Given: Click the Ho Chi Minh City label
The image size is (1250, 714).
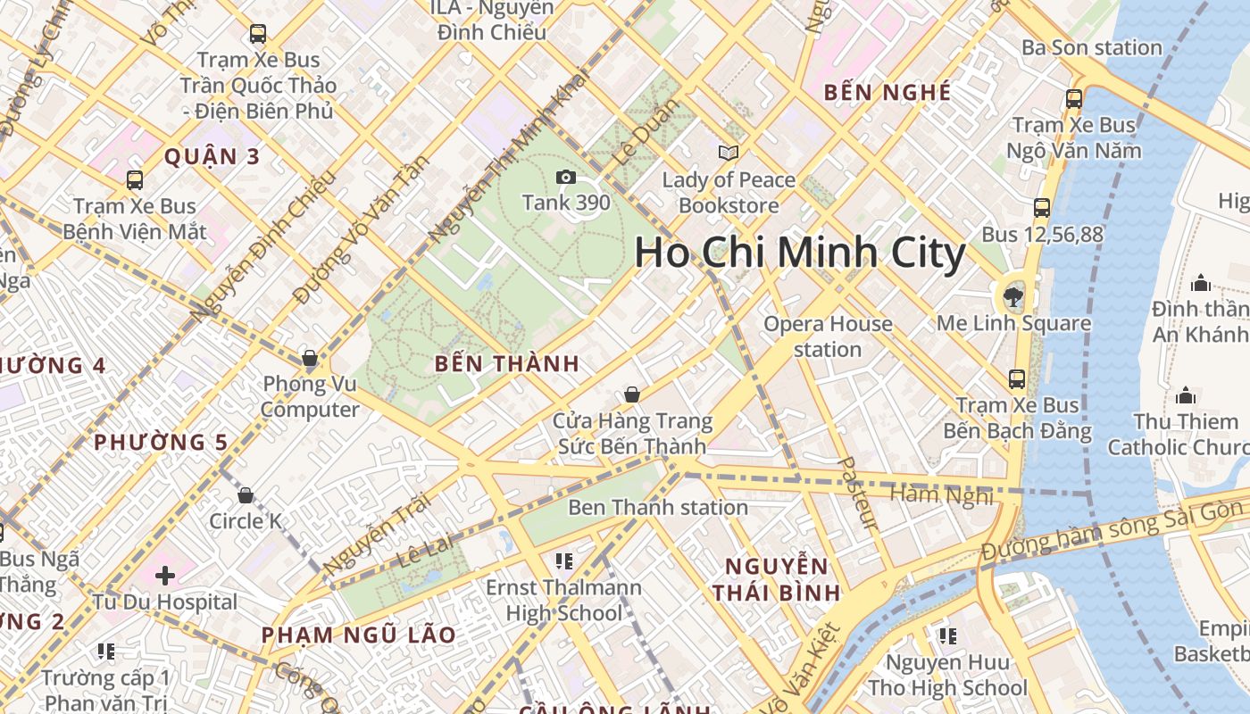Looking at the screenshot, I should click(x=799, y=253).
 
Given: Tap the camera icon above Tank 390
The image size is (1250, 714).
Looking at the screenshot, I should click(x=565, y=177).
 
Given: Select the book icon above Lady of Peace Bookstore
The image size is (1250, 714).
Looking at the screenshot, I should click(x=729, y=153).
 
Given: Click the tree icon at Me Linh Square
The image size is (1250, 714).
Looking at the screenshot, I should click(x=1012, y=295).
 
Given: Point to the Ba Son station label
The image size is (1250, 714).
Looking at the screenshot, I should click(x=1092, y=47).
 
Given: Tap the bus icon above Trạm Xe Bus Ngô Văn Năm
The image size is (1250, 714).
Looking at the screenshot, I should click(x=1074, y=98).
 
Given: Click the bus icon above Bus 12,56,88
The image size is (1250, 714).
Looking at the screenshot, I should click(x=1042, y=208).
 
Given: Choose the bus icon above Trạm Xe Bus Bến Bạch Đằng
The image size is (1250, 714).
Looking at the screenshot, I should click(x=1017, y=378).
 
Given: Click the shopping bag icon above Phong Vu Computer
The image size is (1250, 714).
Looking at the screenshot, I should click(x=310, y=358).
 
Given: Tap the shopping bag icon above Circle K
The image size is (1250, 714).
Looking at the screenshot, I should click(x=246, y=494).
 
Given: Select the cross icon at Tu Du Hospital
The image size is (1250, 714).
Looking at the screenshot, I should click(x=165, y=576).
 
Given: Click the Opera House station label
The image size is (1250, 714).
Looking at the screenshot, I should click(x=828, y=336).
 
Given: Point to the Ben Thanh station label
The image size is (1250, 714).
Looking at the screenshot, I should click(x=658, y=507).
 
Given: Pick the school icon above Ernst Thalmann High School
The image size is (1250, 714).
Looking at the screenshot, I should click(x=563, y=560).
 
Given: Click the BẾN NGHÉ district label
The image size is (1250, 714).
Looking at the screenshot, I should click(x=887, y=92).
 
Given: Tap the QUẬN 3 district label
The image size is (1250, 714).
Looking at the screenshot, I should click(x=212, y=157).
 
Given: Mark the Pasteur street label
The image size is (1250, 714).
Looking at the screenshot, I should click(x=859, y=494).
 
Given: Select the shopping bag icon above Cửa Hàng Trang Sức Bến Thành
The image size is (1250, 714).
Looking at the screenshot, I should click(x=632, y=394).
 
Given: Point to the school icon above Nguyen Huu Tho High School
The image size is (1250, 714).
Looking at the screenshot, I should click(x=947, y=635).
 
